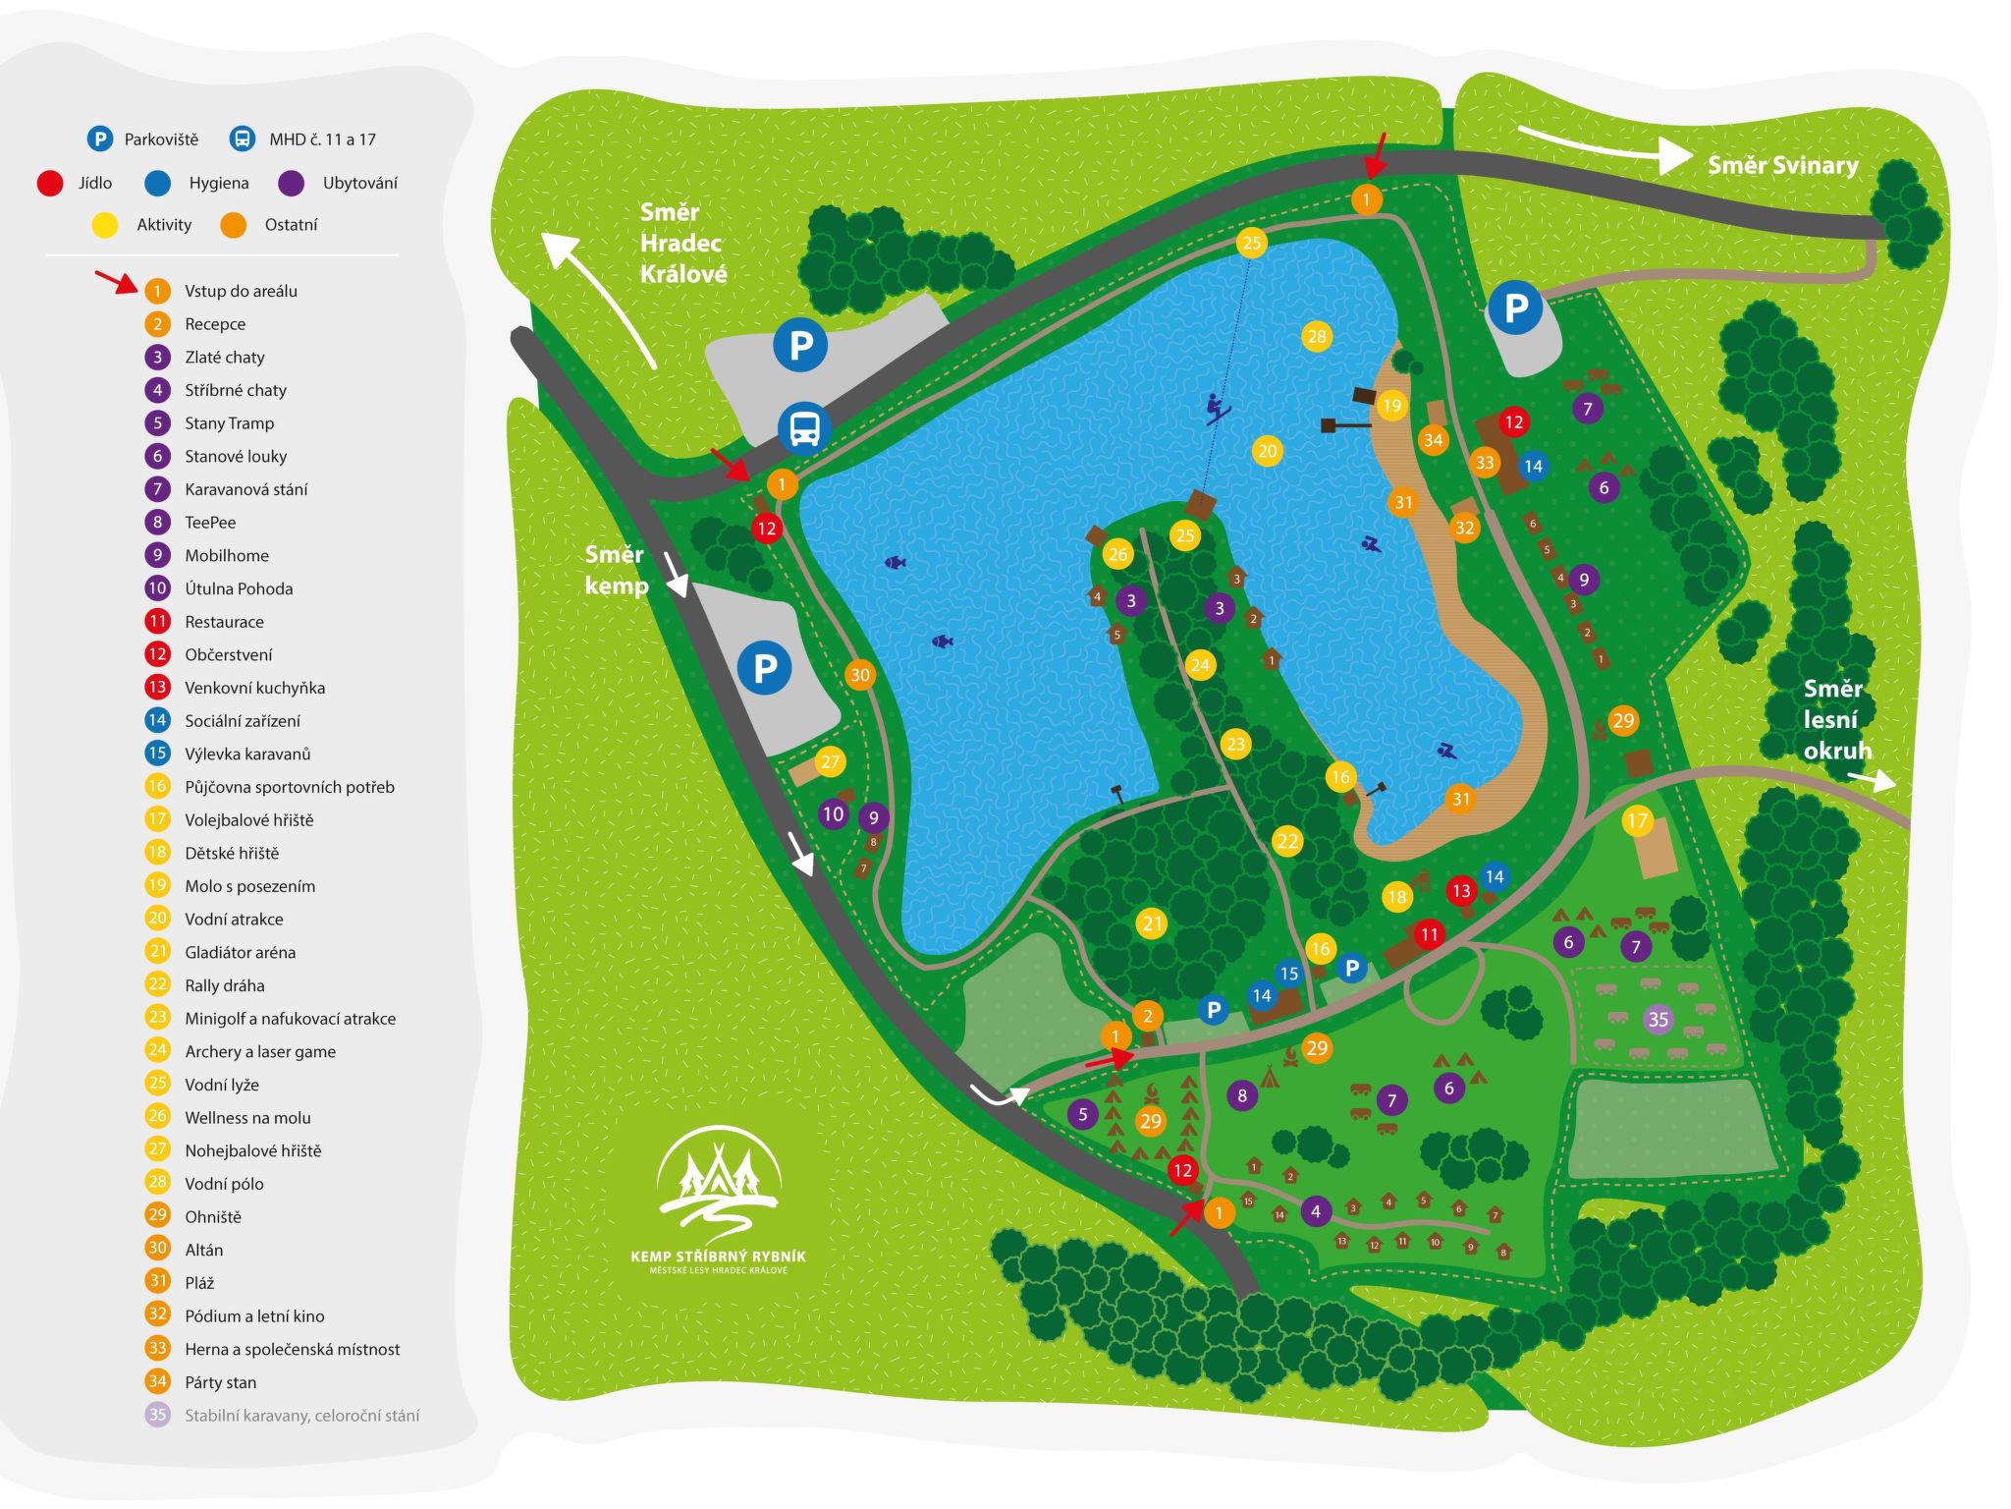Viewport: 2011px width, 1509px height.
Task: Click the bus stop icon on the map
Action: pyautogui.click(x=804, y=428)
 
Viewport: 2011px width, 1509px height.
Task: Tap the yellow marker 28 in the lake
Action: pyautogui.click(x=1316, y=337)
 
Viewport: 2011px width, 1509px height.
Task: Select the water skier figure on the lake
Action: pyautogui.click(x=1217, y=408)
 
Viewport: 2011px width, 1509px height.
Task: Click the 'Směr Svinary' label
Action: pyautogui.click(x=1782, y=165)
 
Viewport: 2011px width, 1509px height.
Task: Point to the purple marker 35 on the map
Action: pyautogui.click(x=1658, y=1019)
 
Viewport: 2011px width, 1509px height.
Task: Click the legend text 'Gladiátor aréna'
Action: pyautogui.click(x=240, y=952)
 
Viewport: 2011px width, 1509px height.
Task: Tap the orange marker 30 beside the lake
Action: pyautogui.click(x=860, y=675)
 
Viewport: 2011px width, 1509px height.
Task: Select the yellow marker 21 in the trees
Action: pyautogui.click(x=1152, y=923)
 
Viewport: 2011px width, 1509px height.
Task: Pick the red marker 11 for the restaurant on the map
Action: pyautogui.click(x=1429, y=934)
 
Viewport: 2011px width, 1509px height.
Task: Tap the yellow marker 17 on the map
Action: pyautogui.click(x=1637, y=820)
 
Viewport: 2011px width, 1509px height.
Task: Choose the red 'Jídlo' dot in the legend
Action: pyautogui.click(x=50, y=183)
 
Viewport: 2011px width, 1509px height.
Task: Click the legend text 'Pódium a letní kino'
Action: pyautogui.click(x=254, y=1315)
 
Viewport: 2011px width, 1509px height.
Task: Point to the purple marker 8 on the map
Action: pyautogui.click(x=1242, y=1095)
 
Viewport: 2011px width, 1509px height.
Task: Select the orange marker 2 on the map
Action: pyautogui.click(x=1147, y=1016)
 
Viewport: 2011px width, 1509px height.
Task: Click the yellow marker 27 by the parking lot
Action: pyautogui.click(x=830, y=761)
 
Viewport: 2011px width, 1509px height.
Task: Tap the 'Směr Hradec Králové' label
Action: pyautogui.click(x=682, y=243)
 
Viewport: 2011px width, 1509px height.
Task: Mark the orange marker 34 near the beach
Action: pyautogui.click(x=1433, y=440)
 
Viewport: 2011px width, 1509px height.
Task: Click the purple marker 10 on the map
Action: pyautogui.click(x=833, y=813)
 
